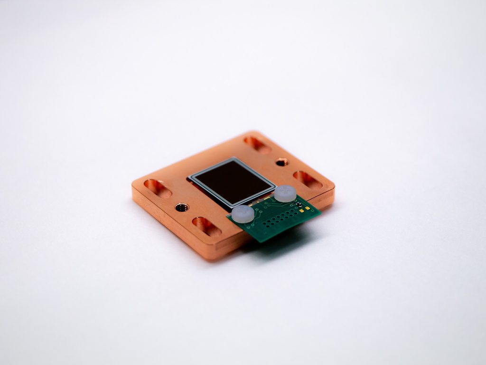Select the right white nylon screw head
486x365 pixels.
[285, 193]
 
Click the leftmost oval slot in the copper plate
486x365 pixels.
[158, 188]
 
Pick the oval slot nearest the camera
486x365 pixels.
[206, 226]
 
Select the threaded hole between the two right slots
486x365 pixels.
[281, 162]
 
